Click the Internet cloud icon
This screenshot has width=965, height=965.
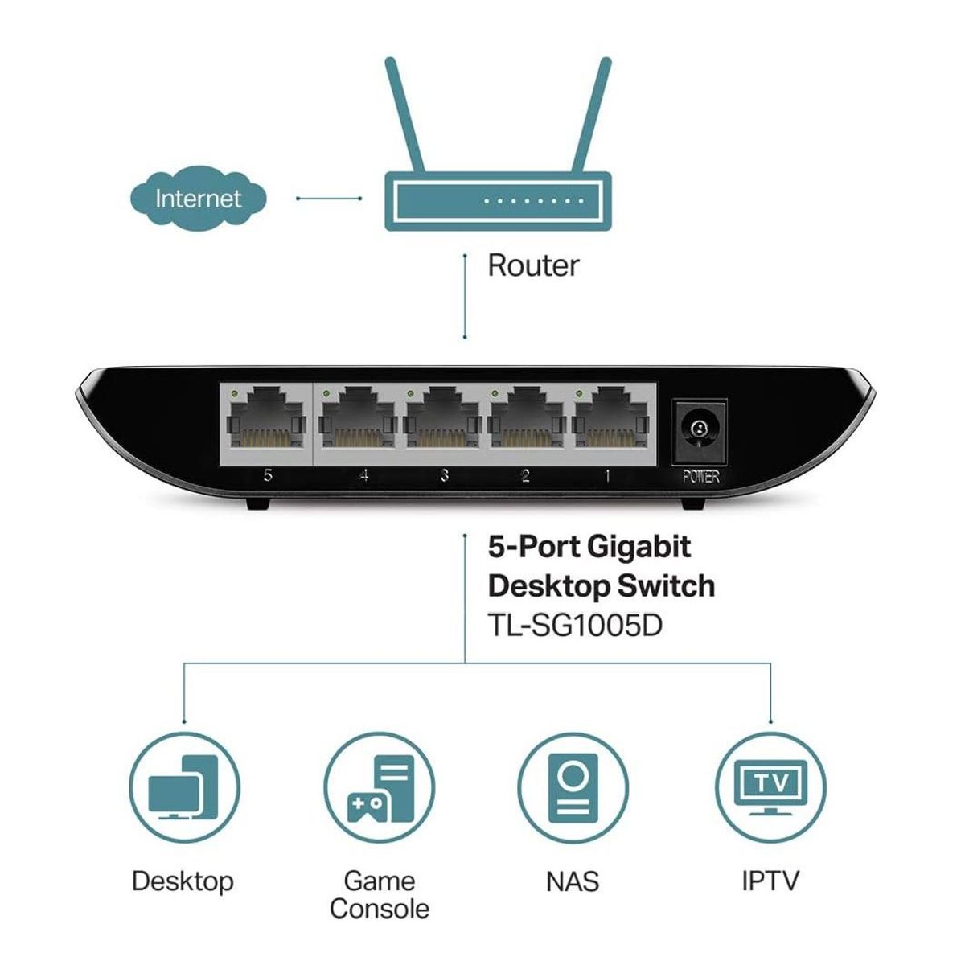click(x=198, y=198)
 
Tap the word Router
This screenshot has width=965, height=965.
click(x=533, y=265)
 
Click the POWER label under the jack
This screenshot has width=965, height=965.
click(x=700, y=477)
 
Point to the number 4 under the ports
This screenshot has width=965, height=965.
click(x=363, y=476)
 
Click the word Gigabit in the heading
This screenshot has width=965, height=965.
click(x=639, y=548)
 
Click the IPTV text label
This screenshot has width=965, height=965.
click(x=770, y=881)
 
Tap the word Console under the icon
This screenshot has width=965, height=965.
click(x=379, y=910)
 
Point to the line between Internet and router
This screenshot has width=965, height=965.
click(x=328, y=198)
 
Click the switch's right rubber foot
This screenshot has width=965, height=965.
click(x=693, y=503)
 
